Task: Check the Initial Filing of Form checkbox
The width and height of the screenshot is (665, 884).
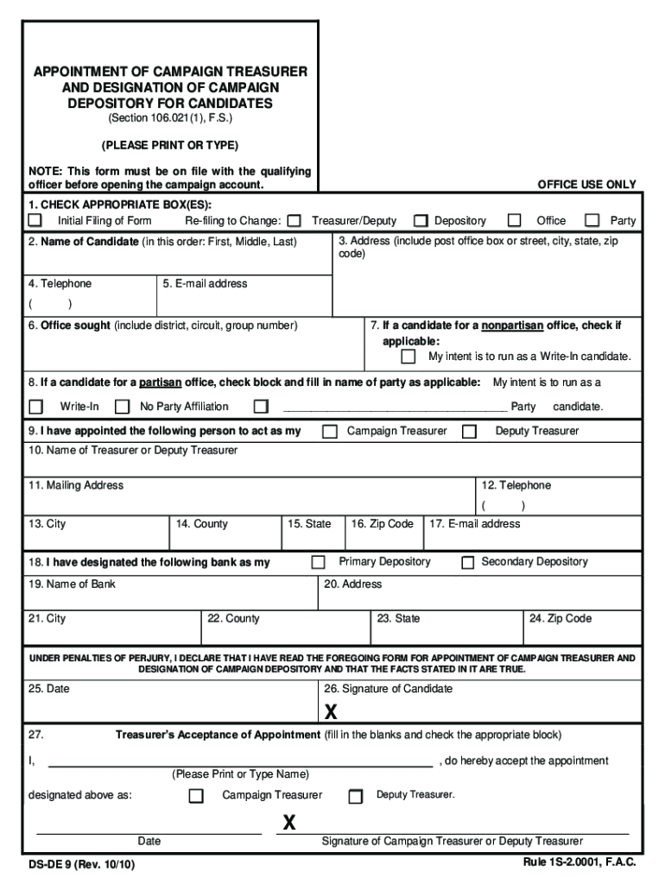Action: point(35,221)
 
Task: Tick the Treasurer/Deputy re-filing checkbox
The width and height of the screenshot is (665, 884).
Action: point(294,221)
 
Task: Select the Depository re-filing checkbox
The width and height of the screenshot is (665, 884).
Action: point(421,221)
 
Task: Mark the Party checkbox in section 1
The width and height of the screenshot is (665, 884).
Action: point(592,221)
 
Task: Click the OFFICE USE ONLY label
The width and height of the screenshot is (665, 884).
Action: point(586,185)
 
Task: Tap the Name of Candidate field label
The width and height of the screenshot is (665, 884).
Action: point(83,242)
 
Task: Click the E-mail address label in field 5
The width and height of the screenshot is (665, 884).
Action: point(205,284)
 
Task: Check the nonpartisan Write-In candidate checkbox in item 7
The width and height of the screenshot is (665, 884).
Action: point(408,357)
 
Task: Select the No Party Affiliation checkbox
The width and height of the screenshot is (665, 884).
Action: point(123,407)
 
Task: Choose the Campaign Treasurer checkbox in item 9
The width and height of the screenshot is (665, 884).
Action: point(330,432)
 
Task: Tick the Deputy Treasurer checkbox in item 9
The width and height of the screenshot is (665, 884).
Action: point(469,432)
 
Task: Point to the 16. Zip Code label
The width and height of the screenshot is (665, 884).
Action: point(382,524)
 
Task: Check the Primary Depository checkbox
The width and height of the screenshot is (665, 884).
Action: point(318,563)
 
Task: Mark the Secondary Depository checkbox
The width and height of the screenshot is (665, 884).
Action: point(467,563)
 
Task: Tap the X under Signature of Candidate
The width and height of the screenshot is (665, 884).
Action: point(331,712)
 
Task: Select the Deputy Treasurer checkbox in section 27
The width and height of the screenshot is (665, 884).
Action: point(355,797)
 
